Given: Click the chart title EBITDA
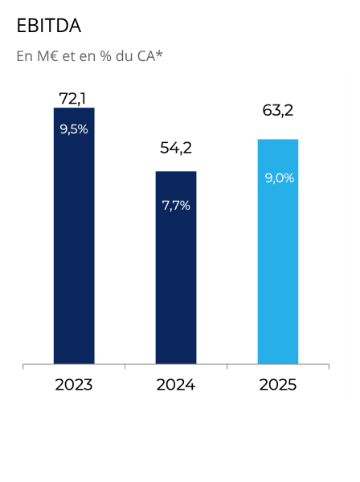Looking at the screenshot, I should (49, 26).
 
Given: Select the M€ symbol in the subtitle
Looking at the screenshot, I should (46, 56).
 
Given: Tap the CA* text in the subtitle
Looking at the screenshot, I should (148, 56).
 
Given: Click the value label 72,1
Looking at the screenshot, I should (73, 98).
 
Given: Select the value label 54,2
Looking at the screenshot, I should (176, 148).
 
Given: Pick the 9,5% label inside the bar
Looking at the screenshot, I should (74, 129).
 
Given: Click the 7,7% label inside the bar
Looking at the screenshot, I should (176, 205).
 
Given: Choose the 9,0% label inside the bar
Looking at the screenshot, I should (279, 178).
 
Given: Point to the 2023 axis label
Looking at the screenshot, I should (74, 385).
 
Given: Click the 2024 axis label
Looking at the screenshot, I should (176, 385).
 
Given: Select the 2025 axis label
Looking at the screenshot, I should (278, 385).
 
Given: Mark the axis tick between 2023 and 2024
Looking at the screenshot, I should (125, 367).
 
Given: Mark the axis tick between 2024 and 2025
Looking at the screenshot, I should (227, 367).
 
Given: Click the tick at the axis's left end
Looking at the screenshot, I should (23, 367).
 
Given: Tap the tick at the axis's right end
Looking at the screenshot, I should (329, 367).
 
